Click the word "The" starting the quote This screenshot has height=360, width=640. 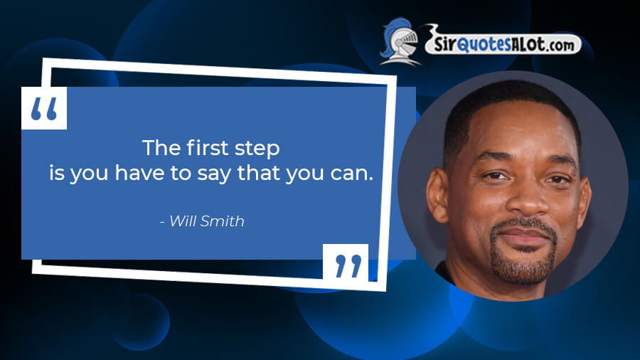tap(161, 147)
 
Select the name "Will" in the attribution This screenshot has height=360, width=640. tap(182, 221)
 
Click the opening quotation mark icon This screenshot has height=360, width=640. tap(44, 108)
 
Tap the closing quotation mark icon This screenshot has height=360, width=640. tap(346, 265)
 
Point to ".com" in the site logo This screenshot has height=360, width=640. tap(560, 46)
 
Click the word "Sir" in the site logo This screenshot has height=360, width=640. tap(444, 43)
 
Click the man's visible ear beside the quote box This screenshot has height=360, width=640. tap(437, 195)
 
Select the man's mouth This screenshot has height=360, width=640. tap(523, 236)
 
